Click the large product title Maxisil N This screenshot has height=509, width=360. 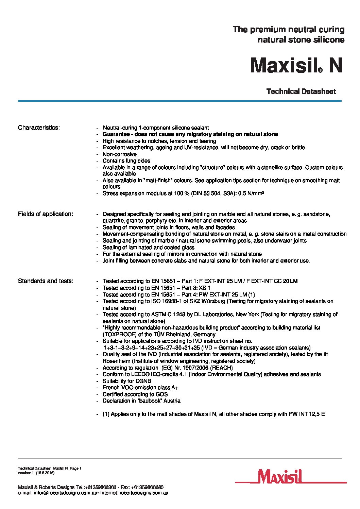[296, 66]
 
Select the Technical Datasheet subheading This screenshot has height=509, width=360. [301, 91]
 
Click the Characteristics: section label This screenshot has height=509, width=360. [39, 128]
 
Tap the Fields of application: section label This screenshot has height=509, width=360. [45, 214]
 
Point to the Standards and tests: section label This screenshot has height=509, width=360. [46, 281]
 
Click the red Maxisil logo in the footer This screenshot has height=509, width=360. [291, 477]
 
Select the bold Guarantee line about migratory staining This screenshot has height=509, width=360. [190, 134]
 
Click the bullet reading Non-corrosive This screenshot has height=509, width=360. [119, 154]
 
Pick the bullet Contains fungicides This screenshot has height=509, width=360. [126, 160]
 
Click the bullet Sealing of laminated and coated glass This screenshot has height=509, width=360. [148, 247]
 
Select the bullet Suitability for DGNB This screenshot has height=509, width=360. [127, 381]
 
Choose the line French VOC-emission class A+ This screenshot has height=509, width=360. [140, 387]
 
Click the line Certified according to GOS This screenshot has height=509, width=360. [135, 394]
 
